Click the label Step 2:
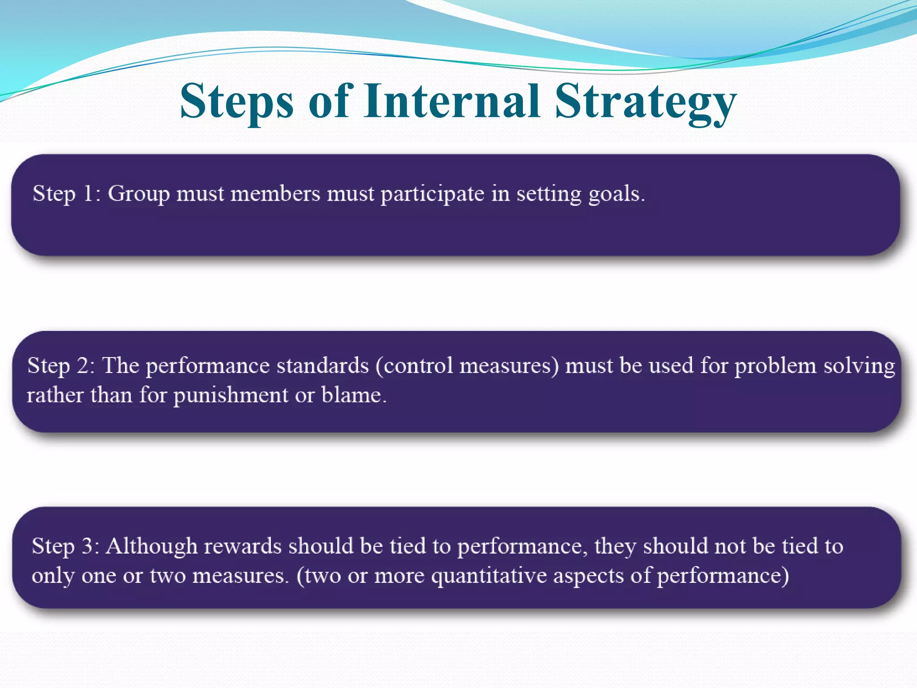tap(61, 365)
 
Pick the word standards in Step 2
tap(322, 365)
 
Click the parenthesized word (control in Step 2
tap(414, 366)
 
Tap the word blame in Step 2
tap(353, 395)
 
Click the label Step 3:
tap(65, 546)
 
